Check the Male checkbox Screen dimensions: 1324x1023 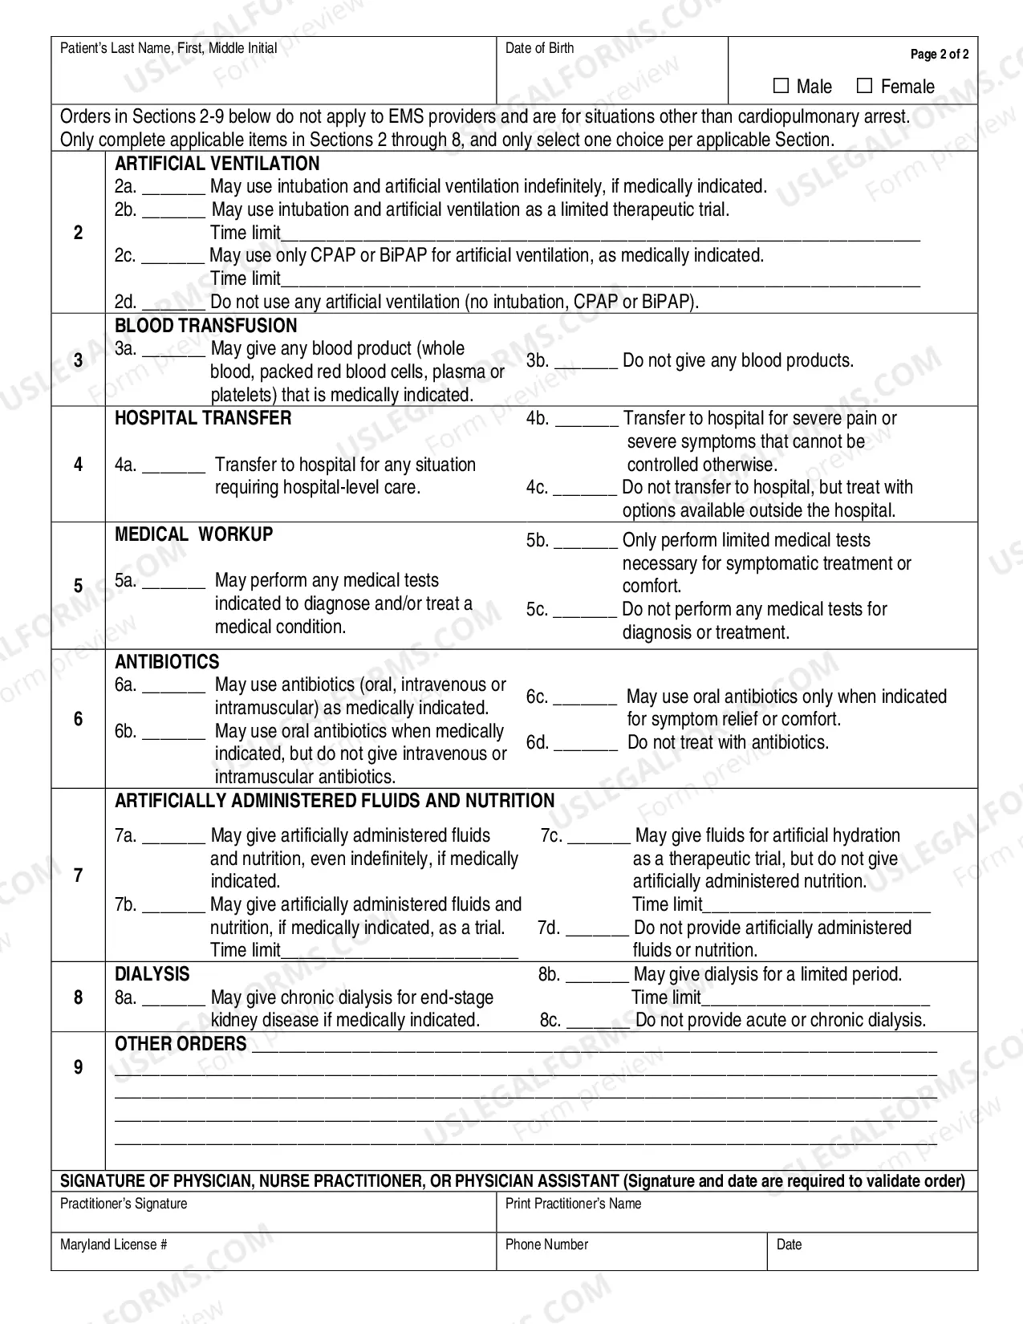(781, 86)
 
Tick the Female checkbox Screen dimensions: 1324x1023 (864, 86)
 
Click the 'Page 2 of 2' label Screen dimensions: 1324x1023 (939, 55)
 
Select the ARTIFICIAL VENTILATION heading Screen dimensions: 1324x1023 (217, 164)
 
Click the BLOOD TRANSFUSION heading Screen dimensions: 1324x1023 (205, 326)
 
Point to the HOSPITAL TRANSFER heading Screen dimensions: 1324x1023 (203, 418)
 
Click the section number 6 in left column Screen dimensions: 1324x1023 (78, 719)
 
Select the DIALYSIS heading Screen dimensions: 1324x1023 (152, 974)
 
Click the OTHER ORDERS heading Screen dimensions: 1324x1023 (181, 1044)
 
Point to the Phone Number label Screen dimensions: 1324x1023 (546, 1245)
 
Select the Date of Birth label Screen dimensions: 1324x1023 (539, 48)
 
